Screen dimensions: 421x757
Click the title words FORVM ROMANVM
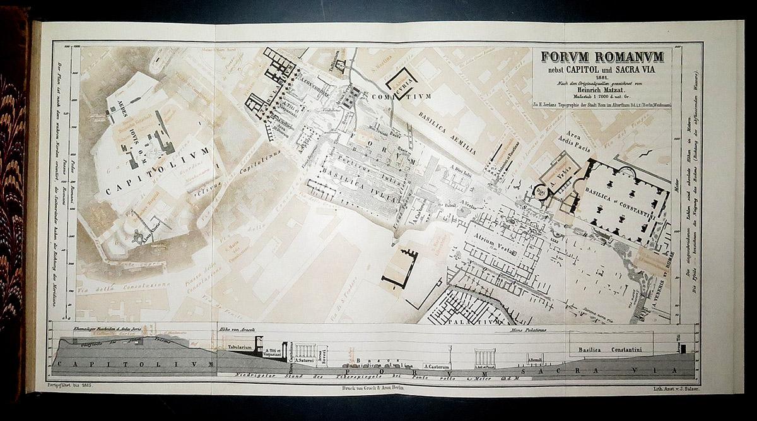(x=602, y=57)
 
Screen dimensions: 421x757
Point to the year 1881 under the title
(x=602, y=76)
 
